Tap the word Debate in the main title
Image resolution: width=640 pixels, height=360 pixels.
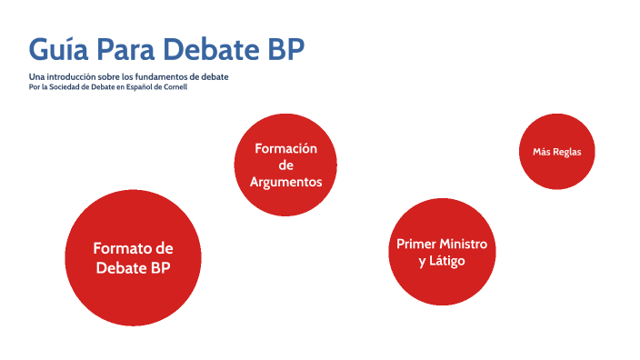221,49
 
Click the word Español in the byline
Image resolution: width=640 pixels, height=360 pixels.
133,87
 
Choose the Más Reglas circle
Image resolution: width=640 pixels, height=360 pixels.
557,152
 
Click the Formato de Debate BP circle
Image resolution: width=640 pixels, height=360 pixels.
134,258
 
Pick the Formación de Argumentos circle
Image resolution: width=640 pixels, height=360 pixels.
286,165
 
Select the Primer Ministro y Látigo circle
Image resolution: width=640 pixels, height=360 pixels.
442,252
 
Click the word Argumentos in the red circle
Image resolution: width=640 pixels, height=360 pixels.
286,182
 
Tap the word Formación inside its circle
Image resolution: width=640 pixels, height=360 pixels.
286,148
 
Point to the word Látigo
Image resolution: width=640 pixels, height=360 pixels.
449,262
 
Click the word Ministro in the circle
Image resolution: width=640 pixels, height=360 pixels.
464,245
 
